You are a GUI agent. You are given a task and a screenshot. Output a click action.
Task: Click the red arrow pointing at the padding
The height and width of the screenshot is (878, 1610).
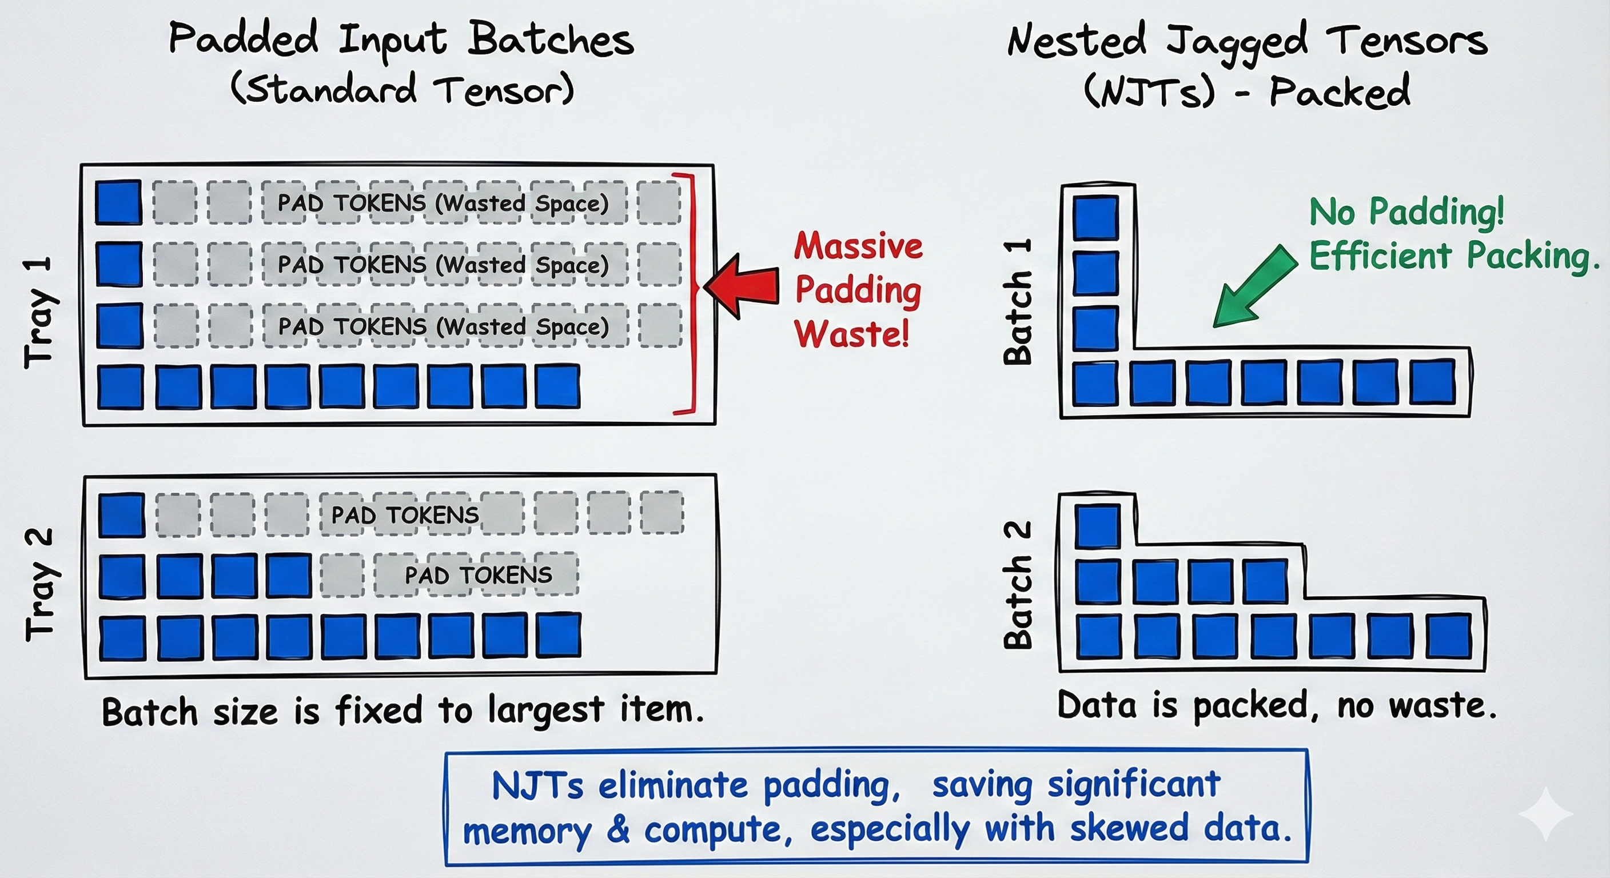743,286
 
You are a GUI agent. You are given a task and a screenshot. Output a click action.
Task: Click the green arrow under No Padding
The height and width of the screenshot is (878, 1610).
1254,286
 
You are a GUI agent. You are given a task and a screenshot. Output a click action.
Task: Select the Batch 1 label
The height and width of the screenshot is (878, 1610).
1018,302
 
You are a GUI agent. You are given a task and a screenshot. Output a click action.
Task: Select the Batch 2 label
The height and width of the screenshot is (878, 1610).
1018,584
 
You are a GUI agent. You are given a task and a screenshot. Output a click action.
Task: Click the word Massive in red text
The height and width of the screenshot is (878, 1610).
858,246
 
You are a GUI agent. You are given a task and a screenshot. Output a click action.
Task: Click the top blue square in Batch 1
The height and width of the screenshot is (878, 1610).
1095,217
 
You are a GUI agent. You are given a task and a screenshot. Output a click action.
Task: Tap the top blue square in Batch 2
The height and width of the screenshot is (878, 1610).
1098,527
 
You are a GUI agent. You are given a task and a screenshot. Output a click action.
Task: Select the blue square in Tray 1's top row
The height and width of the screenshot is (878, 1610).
118,202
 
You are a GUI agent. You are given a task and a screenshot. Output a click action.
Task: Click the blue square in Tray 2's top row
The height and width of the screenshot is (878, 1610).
121,515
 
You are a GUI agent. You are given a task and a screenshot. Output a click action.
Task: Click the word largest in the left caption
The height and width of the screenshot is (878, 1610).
545,711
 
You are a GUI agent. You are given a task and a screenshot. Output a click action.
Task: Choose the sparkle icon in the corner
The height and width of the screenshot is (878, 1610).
1545,813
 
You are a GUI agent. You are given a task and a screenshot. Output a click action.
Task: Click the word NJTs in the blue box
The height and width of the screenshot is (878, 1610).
537,785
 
